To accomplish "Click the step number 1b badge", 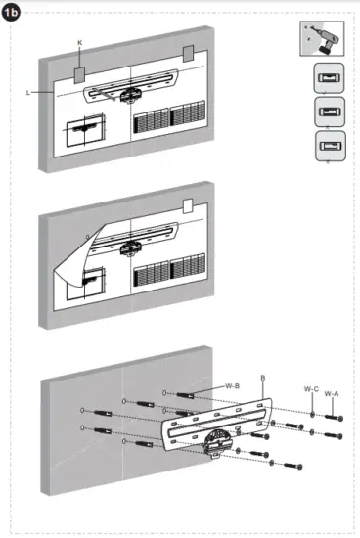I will pyautogui.click(x=14, y=14).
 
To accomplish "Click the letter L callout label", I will pyautogui.click(x=32, y=91).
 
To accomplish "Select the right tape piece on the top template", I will pyautogui.click(x=188, y=57).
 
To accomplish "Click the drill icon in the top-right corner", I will pyautogui.click(x=324, y=41).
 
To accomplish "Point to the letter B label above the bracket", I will pyautogui.click(x=263, y=377).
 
